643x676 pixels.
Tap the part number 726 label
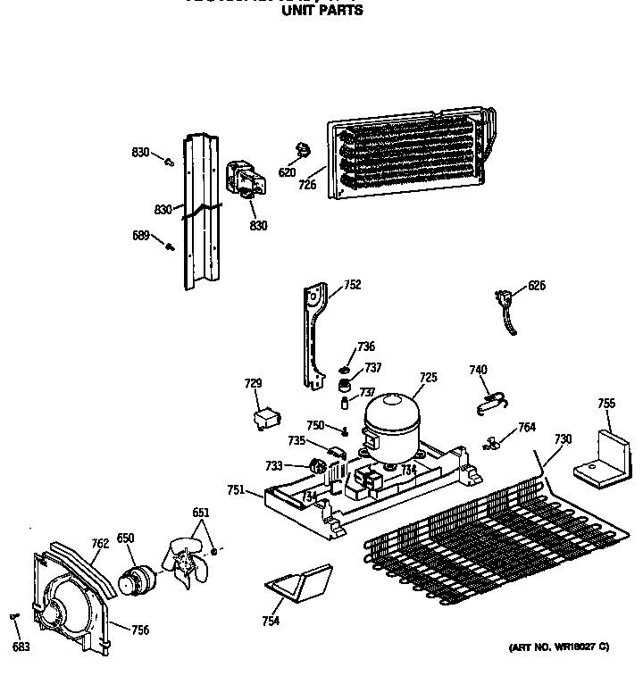coord(308,185)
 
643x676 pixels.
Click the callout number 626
coord(536,286)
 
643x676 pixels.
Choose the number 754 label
coord(271,622)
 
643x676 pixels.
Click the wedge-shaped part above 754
coord(298,581)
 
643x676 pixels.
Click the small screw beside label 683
coord(14,616)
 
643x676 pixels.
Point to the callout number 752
coord(352,286)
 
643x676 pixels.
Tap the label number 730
coord(563,439)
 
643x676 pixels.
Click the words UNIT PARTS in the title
coord(322,12)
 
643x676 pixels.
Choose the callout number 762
coord(100,543)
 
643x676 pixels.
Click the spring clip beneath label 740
coord(488,403)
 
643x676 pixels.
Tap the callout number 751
coord(236,489)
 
